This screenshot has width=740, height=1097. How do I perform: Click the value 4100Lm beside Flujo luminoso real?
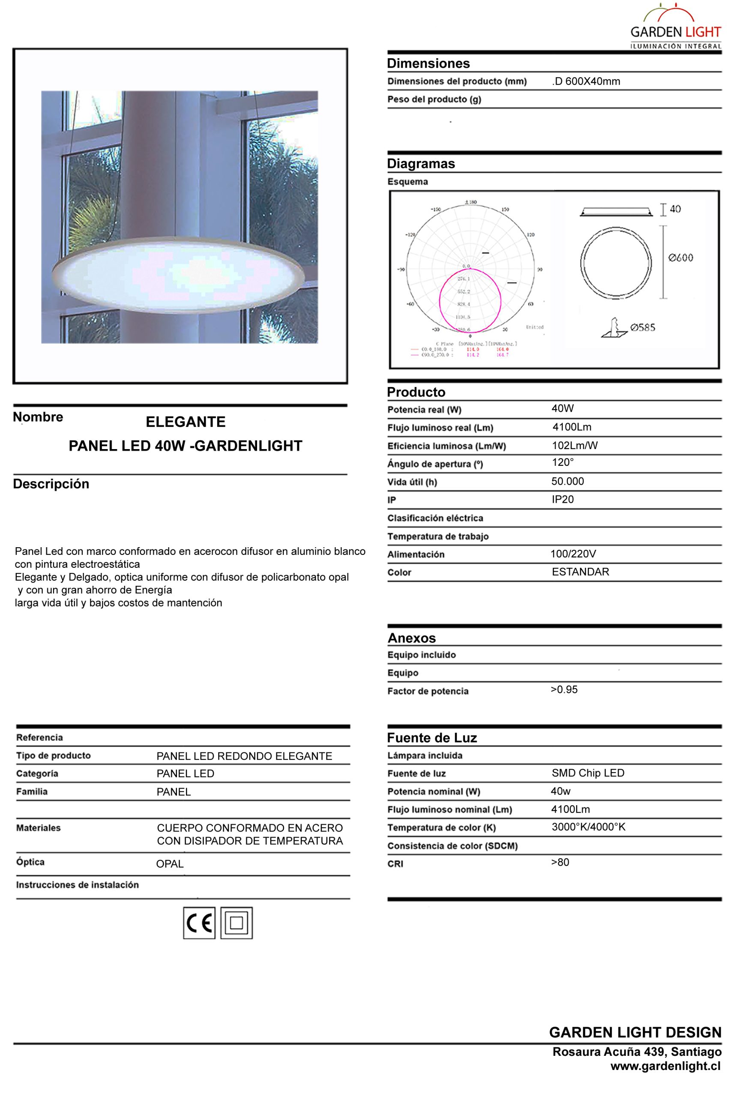572,427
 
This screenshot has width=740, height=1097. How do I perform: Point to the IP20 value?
563,499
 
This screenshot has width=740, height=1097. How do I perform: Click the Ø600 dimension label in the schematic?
680,258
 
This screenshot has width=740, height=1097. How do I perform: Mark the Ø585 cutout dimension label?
642,327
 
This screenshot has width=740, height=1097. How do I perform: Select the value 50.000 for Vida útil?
567,481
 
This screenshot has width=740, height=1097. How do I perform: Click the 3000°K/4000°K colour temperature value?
588,827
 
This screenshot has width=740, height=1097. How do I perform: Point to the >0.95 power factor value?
564,689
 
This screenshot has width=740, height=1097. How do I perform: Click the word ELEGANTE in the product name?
186,422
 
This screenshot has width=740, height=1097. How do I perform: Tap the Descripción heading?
51,484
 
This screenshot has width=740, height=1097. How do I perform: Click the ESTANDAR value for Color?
580,572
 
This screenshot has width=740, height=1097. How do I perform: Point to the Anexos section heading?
411,638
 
